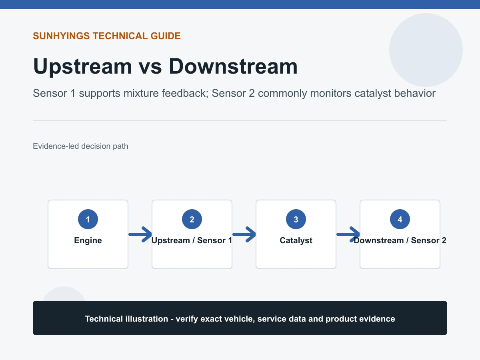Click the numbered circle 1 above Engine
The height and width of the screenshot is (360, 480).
[88, 219]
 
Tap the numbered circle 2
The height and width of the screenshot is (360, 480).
[192, 219]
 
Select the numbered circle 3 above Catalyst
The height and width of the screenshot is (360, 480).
[296, 219]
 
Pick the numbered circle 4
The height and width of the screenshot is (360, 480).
[400, 219]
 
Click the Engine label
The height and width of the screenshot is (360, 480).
[88, 240]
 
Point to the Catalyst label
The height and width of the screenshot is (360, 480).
[296, 240]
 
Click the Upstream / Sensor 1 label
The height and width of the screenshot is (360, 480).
[192, 240]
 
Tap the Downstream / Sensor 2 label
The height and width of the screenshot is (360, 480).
[400, 240]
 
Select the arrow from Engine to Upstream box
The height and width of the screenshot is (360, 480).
[140, 234]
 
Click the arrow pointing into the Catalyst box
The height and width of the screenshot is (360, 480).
[244, 234]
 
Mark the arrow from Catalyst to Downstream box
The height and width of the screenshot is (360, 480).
[348, 234]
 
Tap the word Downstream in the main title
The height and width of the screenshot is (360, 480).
[233, 66]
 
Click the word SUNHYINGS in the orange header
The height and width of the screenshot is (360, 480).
[61, 36]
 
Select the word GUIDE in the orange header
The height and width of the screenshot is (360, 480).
[166, 36]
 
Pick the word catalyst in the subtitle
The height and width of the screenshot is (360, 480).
[373, 94]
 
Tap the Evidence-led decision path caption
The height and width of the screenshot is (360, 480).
[80, 146]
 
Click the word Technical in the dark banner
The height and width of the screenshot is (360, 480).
[104, 319]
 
